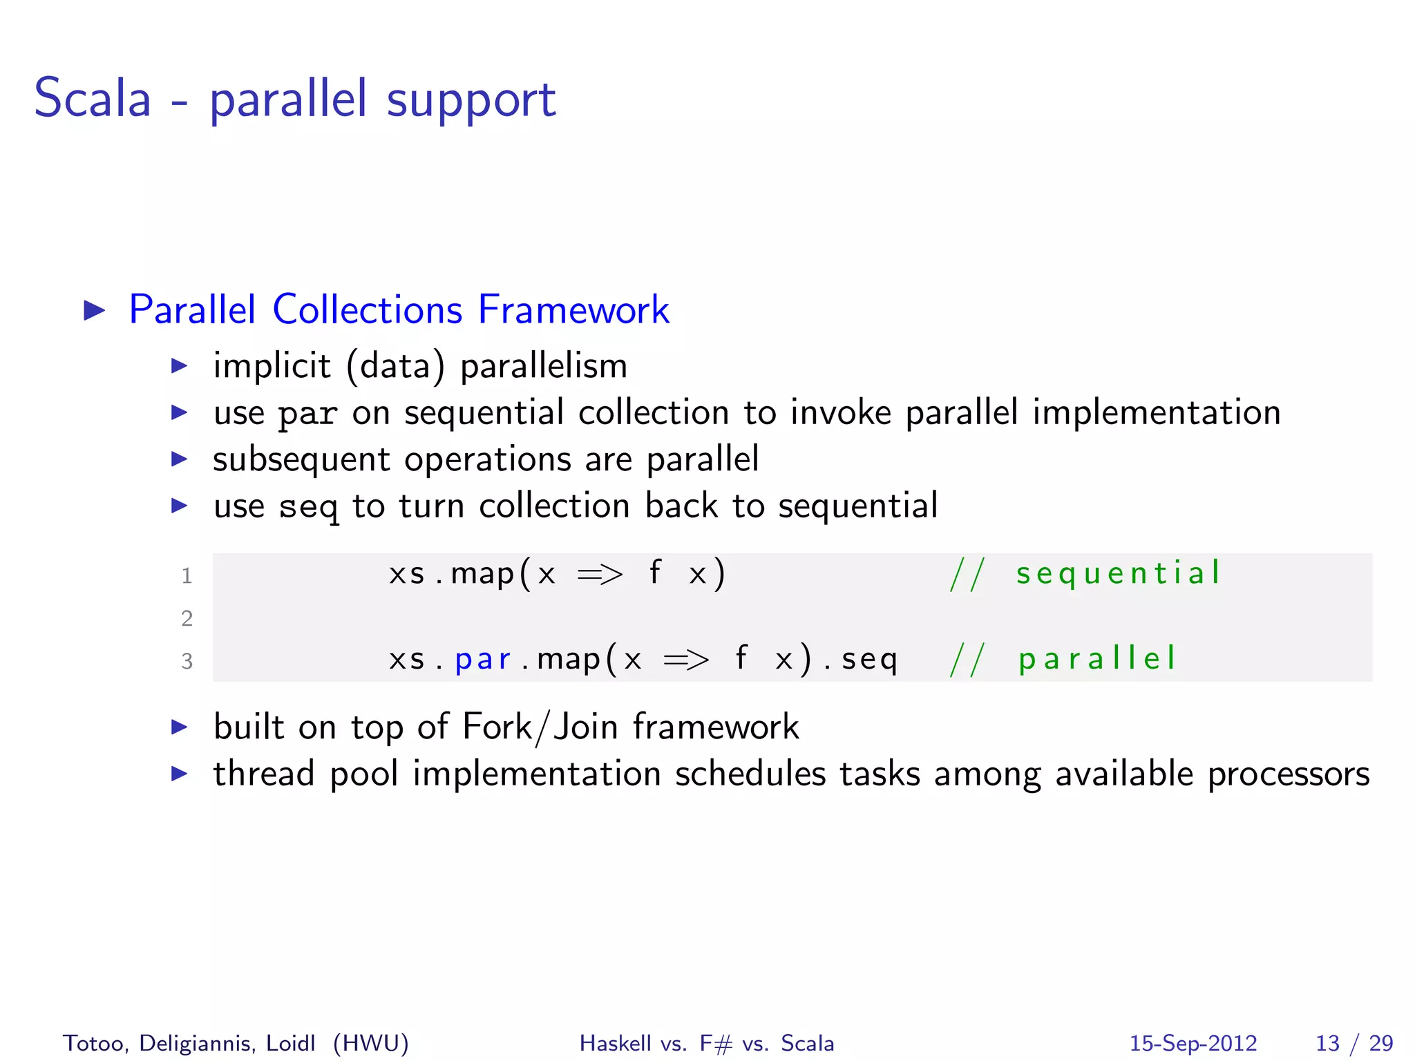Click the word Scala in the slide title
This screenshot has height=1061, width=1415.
(x=92, y=99)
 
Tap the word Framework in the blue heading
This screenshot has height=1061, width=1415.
(x=573, y=309)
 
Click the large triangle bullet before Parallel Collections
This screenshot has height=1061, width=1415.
(x=94, y=310)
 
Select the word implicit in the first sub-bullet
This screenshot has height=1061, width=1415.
(x=272, y=365)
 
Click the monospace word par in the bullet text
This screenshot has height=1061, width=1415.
(x=307, y=414)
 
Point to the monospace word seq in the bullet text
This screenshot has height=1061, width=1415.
(x=308, y=508)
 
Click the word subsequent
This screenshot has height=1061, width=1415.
(x=301, y=460)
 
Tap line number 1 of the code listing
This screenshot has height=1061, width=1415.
(x=187, y=575)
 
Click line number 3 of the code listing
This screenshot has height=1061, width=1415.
(x=187, y=661)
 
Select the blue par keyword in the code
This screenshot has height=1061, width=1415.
(x=482, y=659)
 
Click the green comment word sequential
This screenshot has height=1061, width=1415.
(x=1118, y=573)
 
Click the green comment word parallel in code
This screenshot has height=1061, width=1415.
(x=1096, y=658)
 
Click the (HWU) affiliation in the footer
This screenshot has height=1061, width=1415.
(x=370, y=1043)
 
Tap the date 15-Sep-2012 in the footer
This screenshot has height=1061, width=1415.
(x=1193, y=1043)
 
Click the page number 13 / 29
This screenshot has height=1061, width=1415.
(x=1354, y=1043)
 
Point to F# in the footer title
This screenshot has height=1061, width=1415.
(x=716, y=1043)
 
